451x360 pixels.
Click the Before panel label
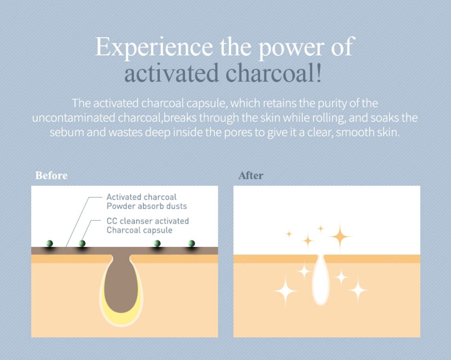tap(51, 175)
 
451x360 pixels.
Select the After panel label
tap(251, 175)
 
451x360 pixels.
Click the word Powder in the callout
tap(121, 206)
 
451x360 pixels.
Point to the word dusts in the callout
tap(176, 206)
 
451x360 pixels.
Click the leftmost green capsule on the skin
tap(50, 243)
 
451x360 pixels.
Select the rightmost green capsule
tap(192, 243)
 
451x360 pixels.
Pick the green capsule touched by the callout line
tap(82, 243)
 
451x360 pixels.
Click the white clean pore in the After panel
tap(321, 281)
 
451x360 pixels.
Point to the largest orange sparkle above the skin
tap(340, 237)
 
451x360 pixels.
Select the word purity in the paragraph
tap(335, 104)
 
